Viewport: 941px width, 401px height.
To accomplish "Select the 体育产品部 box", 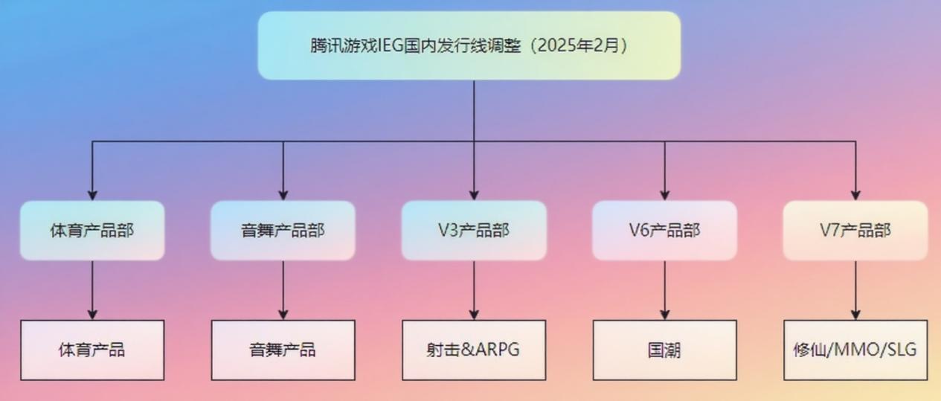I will pyautogui.click(x=92, y=231).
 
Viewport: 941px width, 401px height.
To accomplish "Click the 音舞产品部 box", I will pyautogui.click(x=283, y=231).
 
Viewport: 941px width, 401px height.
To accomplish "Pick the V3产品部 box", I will pyautogui.click(x=474, y=231).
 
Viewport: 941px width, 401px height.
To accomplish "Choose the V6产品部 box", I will pyautogui.click(x=664, y=231).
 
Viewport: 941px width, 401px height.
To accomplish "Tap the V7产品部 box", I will pyautogui.click(x=855, y=231).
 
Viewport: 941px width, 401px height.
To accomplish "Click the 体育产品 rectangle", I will pyautogui.click(x=92, y=350).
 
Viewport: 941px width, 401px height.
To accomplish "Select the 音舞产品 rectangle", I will pyautogui.click(x=283, y=350).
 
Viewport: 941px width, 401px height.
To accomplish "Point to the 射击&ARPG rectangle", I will pyautogui.click(x=474, y=350).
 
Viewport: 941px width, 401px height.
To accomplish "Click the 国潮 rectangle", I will pyautogui.click(x=664, y=350).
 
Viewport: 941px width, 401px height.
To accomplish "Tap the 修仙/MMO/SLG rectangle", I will pyautogui.click(x=855, y=350).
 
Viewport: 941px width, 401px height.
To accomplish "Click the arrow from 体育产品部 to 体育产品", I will pyautogui.click(x=92, y=290).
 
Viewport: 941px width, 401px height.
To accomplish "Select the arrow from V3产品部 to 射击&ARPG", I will pyautogui.click(x=474, y=290).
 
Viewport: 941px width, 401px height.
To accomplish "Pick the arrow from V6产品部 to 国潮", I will pyautogui.click(x=664, y=290).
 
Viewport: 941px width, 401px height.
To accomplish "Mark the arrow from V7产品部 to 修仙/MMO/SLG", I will pyautogui.click(x=855, y=290).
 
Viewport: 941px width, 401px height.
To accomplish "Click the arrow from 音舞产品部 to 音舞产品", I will pyautogui.click(x=283, y=290).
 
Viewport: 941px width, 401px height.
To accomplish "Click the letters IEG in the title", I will pyautogui.click(x=385, y=45).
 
